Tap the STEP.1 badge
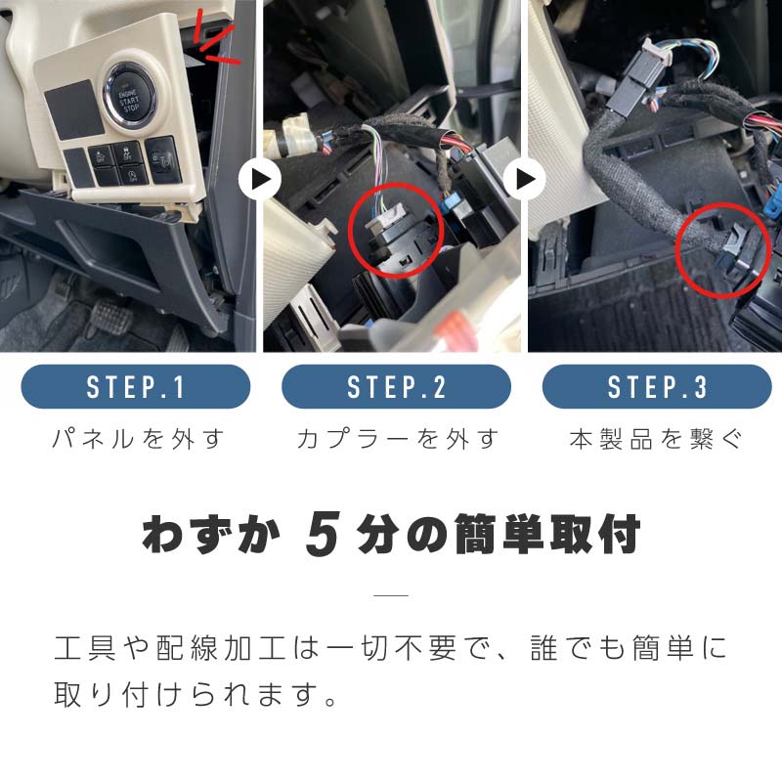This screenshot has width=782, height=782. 136,386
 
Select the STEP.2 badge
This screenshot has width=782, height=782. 397,386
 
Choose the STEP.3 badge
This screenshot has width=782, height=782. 657,386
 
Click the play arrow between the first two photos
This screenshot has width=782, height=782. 259,179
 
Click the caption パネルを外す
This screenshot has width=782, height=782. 138,439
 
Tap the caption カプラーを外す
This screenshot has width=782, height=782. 398,439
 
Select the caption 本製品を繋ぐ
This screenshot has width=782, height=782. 656,439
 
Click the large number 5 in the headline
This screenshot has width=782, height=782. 323,534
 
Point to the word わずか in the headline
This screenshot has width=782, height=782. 211,534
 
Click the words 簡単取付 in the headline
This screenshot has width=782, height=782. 547,534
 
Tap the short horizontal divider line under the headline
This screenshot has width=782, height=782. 391,595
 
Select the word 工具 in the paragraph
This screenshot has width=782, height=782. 85,648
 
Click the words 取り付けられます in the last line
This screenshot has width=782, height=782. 184,694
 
